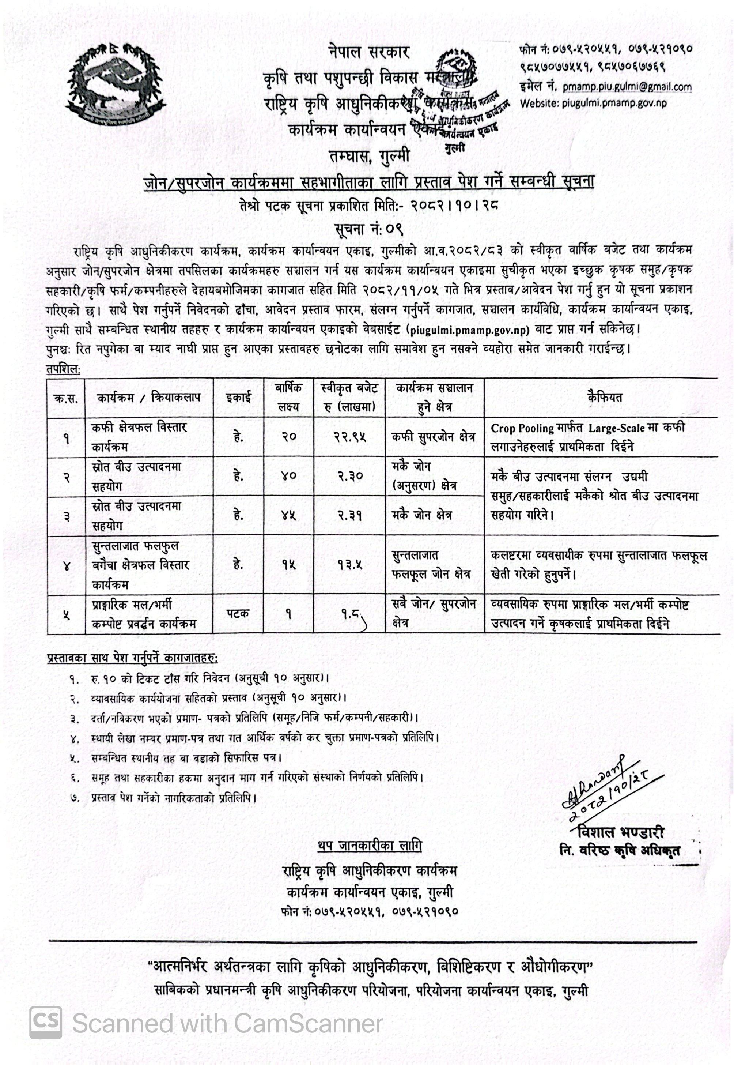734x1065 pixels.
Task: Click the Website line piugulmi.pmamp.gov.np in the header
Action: pos(593,103)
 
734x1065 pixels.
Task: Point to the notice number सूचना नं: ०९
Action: pos(369,228)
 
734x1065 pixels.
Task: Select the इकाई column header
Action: pos(238,398)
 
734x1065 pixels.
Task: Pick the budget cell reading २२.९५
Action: pos(349,437)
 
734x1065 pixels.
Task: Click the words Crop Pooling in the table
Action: pos(522,428)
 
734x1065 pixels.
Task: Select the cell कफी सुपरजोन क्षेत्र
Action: pos(433,437)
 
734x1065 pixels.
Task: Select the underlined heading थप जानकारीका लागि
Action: pos(369,846)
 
